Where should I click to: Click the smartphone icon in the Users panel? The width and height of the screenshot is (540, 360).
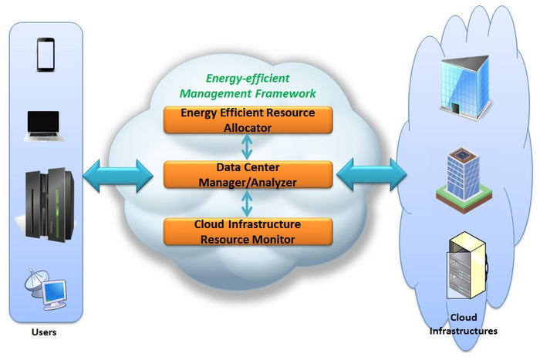click(x=45, y=55)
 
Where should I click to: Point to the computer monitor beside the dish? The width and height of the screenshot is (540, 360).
click(x=56, y=294)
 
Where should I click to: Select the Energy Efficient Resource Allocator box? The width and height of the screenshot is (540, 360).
click(x=247, y=120)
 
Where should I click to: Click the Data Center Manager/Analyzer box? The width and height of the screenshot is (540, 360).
click(x=247, y=175)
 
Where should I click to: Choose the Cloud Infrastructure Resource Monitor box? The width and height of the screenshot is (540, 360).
click(x=247, y=231)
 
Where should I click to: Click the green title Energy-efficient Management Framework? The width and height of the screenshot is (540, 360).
click(x=247, y=86)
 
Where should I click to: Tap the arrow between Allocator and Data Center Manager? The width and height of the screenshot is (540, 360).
click(x=247, y=146)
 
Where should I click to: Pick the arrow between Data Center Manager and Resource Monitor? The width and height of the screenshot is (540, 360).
click(x=247, y=203)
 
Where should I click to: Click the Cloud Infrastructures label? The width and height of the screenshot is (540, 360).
click(x=464, y=324)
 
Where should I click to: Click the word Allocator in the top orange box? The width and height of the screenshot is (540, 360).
click(x=247, y=127)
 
